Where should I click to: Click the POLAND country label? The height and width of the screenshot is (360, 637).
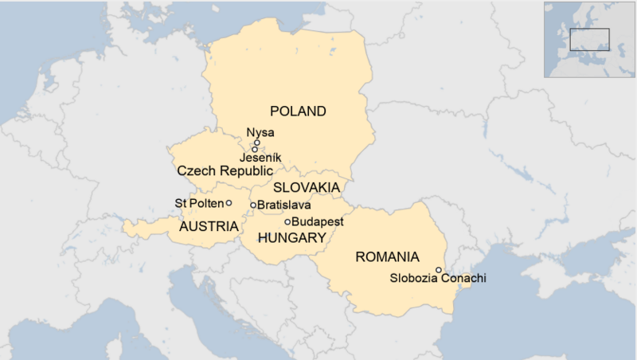[299, 111]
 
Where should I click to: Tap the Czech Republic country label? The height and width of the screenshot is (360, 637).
[225, 171]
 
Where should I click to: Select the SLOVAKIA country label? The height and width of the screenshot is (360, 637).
[307, 188]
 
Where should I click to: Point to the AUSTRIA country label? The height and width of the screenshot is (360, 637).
[209, 227]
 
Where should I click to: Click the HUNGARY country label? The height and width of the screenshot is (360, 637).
[291, 238]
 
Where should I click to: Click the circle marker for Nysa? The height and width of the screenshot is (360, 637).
[257, 143]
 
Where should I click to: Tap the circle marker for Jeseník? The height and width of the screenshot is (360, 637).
[255, 149]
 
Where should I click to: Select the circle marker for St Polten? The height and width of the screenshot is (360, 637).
[229, 202]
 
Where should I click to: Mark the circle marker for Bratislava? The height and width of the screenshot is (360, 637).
[253, 205]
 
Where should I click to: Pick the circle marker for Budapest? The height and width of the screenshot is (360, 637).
[287, 221]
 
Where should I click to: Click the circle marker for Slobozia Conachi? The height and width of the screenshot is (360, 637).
[439, 270]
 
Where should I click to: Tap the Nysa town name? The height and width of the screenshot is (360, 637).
[260, 133]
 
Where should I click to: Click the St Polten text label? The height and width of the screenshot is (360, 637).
[198, 203]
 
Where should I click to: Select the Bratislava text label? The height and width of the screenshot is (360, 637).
[283, 205]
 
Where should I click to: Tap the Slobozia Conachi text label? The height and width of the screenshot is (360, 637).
[437, 280]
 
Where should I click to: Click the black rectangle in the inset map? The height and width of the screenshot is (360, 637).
[589, 38]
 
